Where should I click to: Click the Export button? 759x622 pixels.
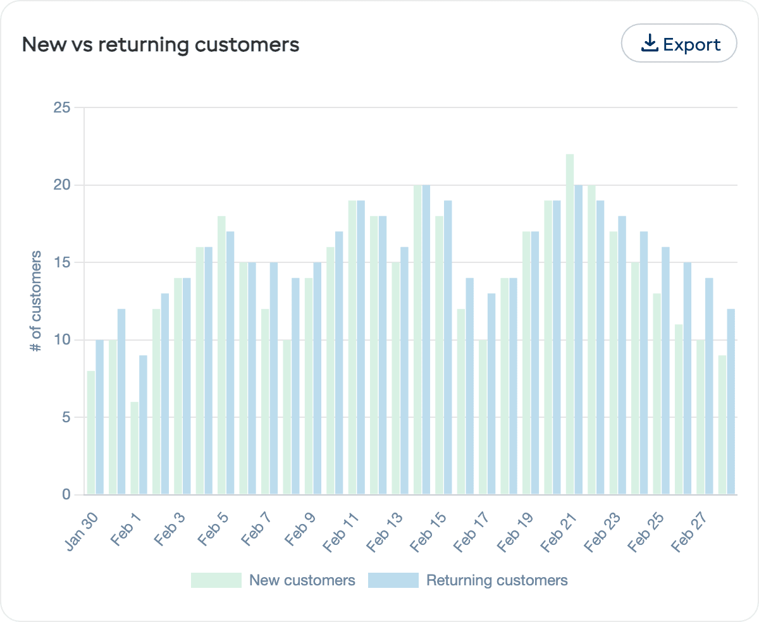pos(679,44)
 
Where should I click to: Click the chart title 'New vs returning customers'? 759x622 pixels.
pos(161,45)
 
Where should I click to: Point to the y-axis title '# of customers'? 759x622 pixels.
pos(37,301)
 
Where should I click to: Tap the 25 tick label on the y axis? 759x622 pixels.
pos(61,107)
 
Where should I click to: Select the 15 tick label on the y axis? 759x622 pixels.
pos(61,262)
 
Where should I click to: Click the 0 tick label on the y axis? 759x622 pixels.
pos(66,494)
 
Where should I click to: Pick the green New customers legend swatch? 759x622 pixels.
pos(216,580)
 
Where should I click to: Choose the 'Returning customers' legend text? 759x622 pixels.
pos(497,580)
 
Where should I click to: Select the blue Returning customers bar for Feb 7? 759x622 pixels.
pos(274,379)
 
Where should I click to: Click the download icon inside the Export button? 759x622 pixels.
pos(650,44)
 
